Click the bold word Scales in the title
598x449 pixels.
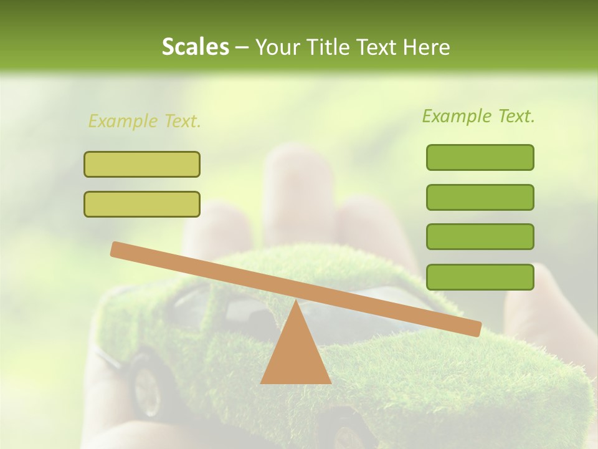(x=195, y=47)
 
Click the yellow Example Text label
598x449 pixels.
(x=145, y=121)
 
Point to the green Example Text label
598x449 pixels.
(x=478, y=116)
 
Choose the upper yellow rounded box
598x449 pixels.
(x=142, y=164)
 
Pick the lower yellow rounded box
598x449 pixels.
(x=142, y=204)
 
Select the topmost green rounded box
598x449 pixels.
(x=480, y=157)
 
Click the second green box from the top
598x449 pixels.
(x=480, y=197)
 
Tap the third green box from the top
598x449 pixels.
(x=480, y=237)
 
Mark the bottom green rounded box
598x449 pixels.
(x=480, y=277)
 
